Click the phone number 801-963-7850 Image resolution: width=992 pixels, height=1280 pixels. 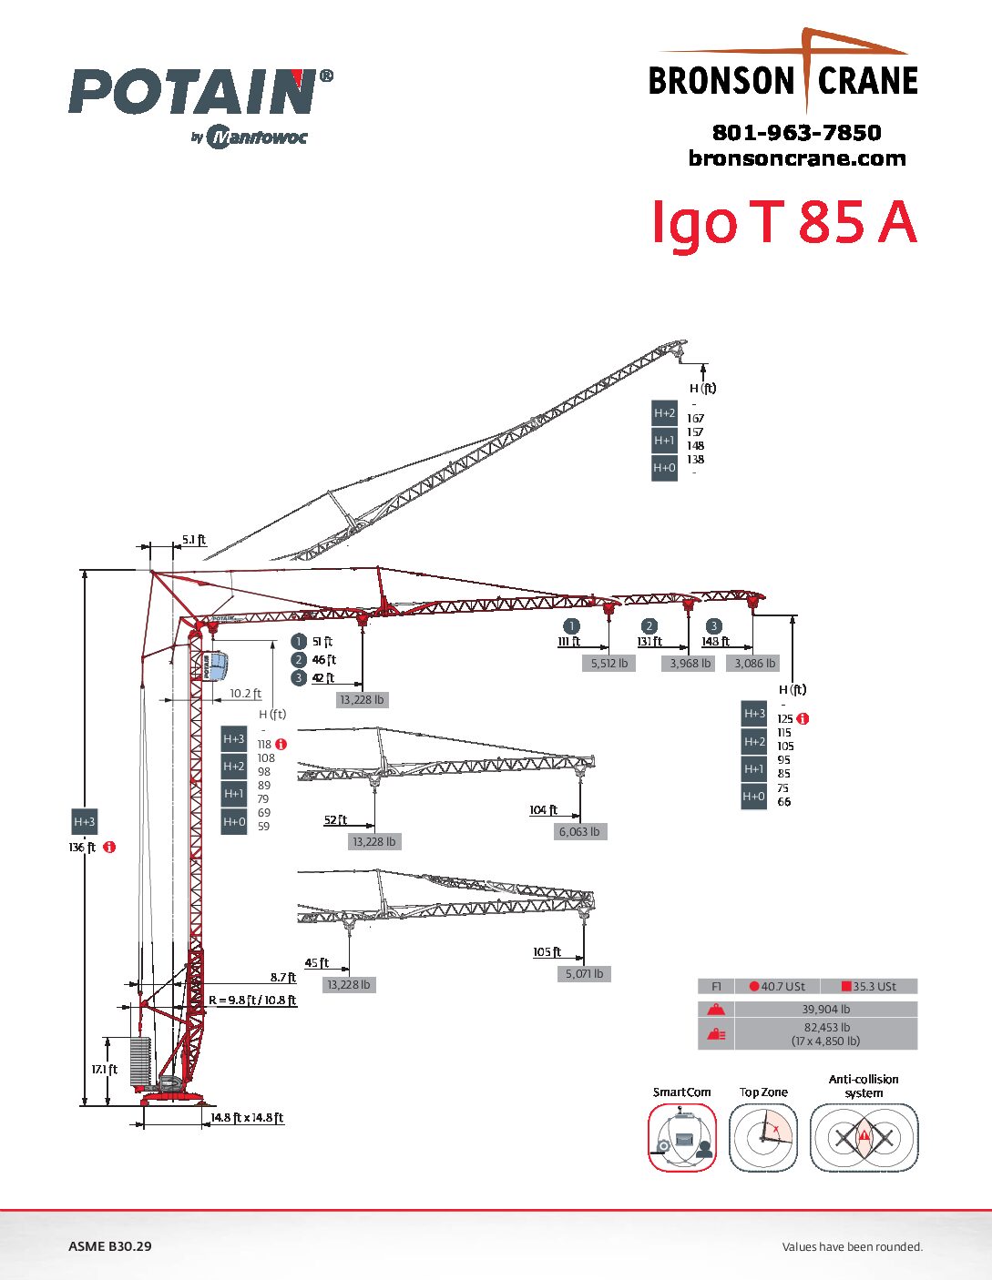[796, 133]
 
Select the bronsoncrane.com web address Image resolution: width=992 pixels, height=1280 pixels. [797, 158]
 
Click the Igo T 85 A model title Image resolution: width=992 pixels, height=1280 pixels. [783, 222]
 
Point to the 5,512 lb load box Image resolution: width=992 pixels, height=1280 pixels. [608, 664]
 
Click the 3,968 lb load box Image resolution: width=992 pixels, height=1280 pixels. [690, 664]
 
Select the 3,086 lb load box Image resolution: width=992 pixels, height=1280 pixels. [755, 664]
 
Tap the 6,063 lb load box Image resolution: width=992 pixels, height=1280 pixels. [579, 831]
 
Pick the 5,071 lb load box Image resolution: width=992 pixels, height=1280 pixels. [584, 973]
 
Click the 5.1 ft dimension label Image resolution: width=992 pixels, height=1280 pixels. [193, 540]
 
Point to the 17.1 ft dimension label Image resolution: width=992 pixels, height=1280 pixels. [104, 1070]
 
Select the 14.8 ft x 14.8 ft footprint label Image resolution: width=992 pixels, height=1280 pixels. [247, 1118]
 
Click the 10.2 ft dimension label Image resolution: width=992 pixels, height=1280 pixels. [245, 694]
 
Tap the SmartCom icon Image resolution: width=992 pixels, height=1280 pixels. [682, 1137]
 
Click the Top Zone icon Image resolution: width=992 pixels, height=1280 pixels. [763, 1137]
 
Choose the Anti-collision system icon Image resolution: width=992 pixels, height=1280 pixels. [864, 1137]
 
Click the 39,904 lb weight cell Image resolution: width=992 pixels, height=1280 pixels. [825, 1009]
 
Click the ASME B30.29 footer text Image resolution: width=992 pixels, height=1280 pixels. [110, 1246]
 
